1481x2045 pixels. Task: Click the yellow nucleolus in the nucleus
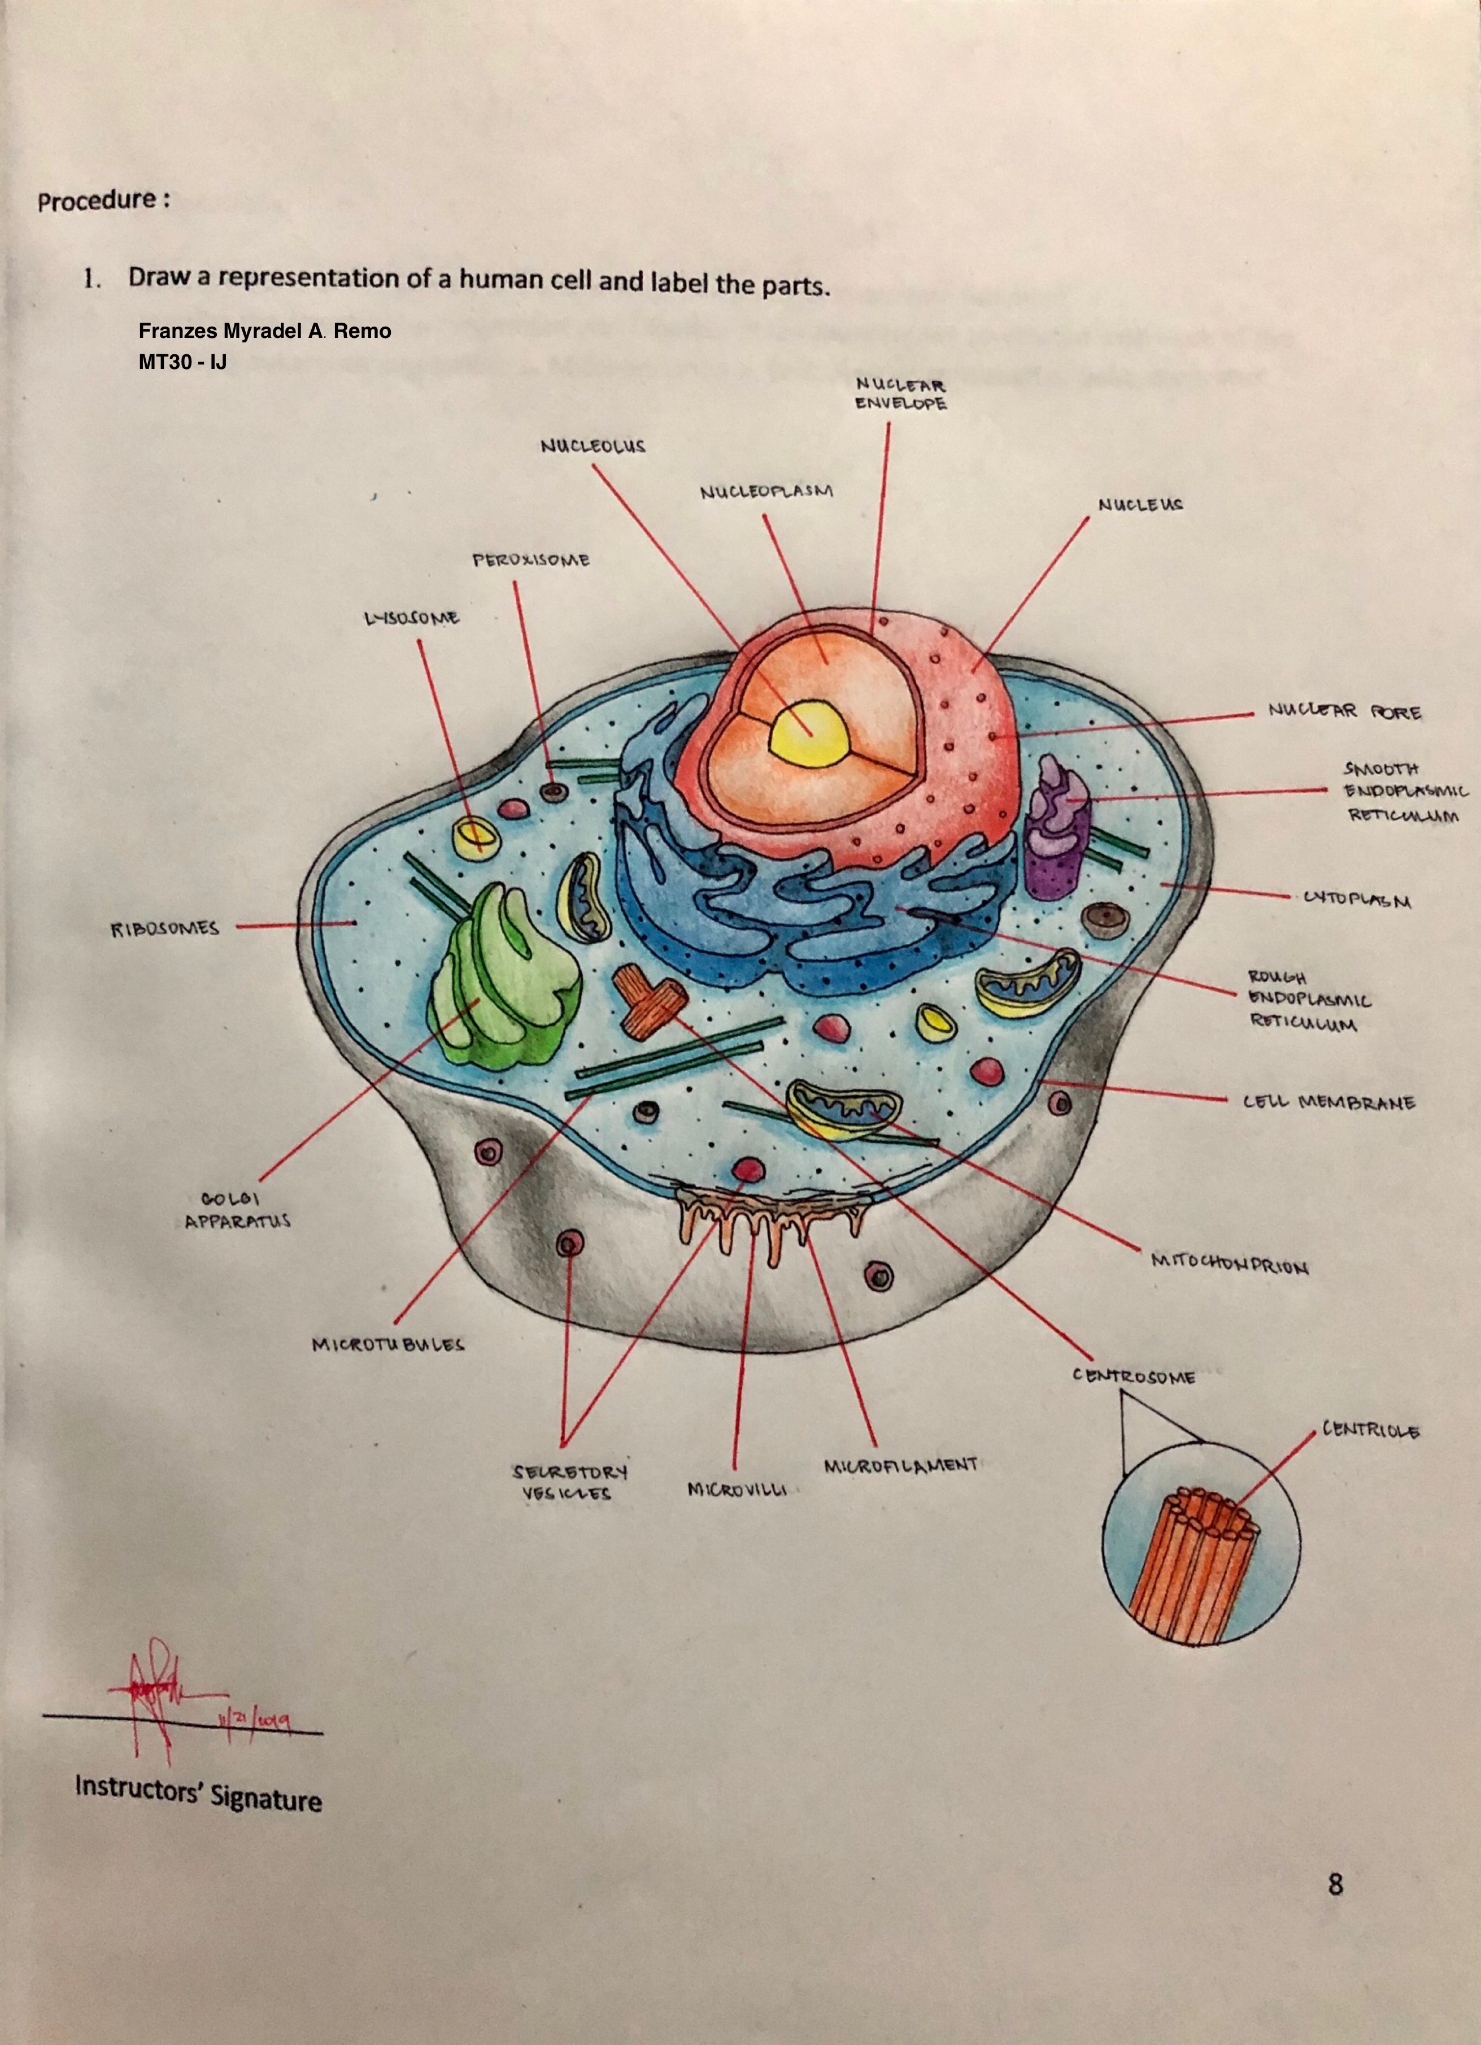(x=809, y=730)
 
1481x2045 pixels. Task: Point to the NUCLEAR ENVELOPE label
(x=900, y=394)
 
